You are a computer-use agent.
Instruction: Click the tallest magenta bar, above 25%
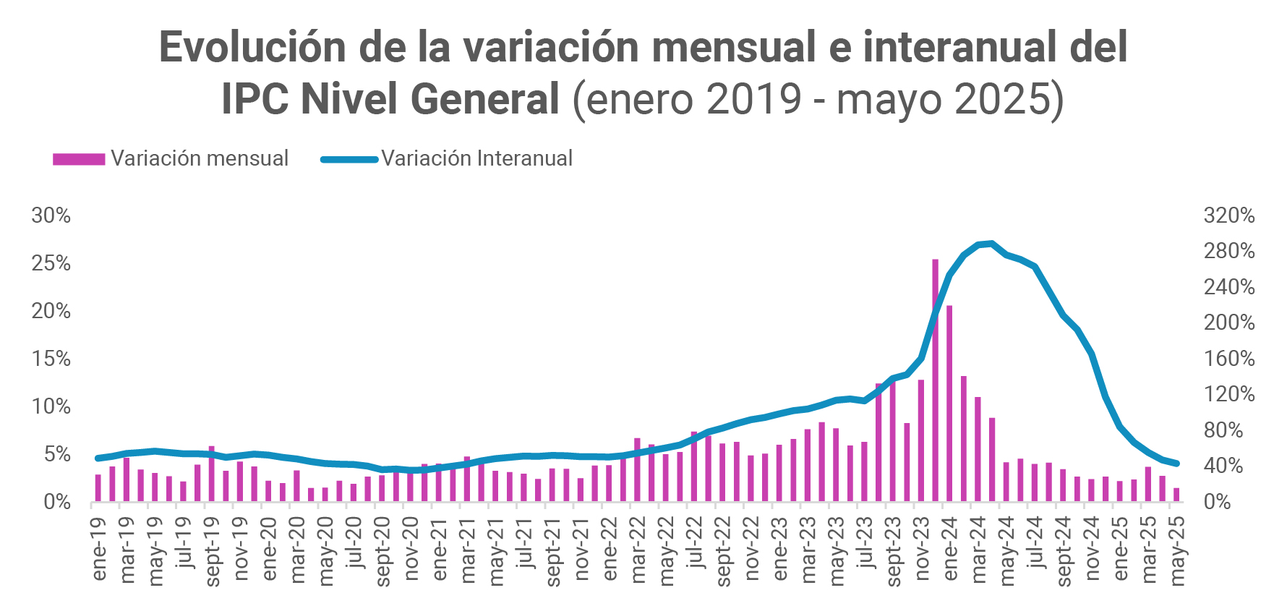coord(935,380)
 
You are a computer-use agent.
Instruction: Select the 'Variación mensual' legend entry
coord(171,158)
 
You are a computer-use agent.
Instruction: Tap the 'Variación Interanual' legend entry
coord(447,158)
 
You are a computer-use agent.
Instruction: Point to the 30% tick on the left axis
coord(51,215)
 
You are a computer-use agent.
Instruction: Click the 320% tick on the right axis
coord(1229,215)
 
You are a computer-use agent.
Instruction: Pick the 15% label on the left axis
coord(51,359)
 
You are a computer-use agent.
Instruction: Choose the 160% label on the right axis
coord(1229,359)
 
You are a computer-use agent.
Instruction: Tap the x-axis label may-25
coord(1178,550)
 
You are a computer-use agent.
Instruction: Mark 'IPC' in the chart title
coord(254,98)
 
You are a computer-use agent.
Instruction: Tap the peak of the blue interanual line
coord(991,244)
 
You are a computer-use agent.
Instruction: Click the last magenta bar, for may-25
coord(1176,495)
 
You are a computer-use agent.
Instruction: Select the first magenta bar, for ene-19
coord(98,488)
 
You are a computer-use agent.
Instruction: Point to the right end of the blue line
coord(1177,464)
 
